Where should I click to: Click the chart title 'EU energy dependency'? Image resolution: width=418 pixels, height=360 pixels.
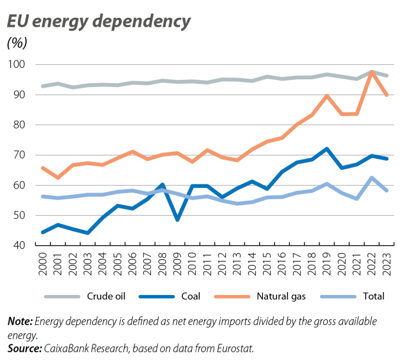[x=98, y=22]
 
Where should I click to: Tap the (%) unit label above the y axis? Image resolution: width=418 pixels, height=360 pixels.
[x=17, y=43]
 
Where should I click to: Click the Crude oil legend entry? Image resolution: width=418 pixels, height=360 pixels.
[x=105, y=296]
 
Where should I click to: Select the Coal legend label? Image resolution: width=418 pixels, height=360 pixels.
[x=191, y=296]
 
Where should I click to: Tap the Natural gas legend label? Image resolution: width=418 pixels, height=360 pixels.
[x=282, y=296]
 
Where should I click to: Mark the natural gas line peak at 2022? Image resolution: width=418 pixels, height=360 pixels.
[x=372, y=72]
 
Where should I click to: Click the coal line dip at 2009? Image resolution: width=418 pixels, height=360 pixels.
[x=177, y=219]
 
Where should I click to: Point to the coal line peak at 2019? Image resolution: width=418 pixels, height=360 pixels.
[x=327, y=149]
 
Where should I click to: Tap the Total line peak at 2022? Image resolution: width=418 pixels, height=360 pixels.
[x=372, y=177]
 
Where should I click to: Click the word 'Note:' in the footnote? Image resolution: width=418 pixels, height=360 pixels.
[x=20, y=321]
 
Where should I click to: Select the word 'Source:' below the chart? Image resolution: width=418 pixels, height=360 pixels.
[x=24, y=348]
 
